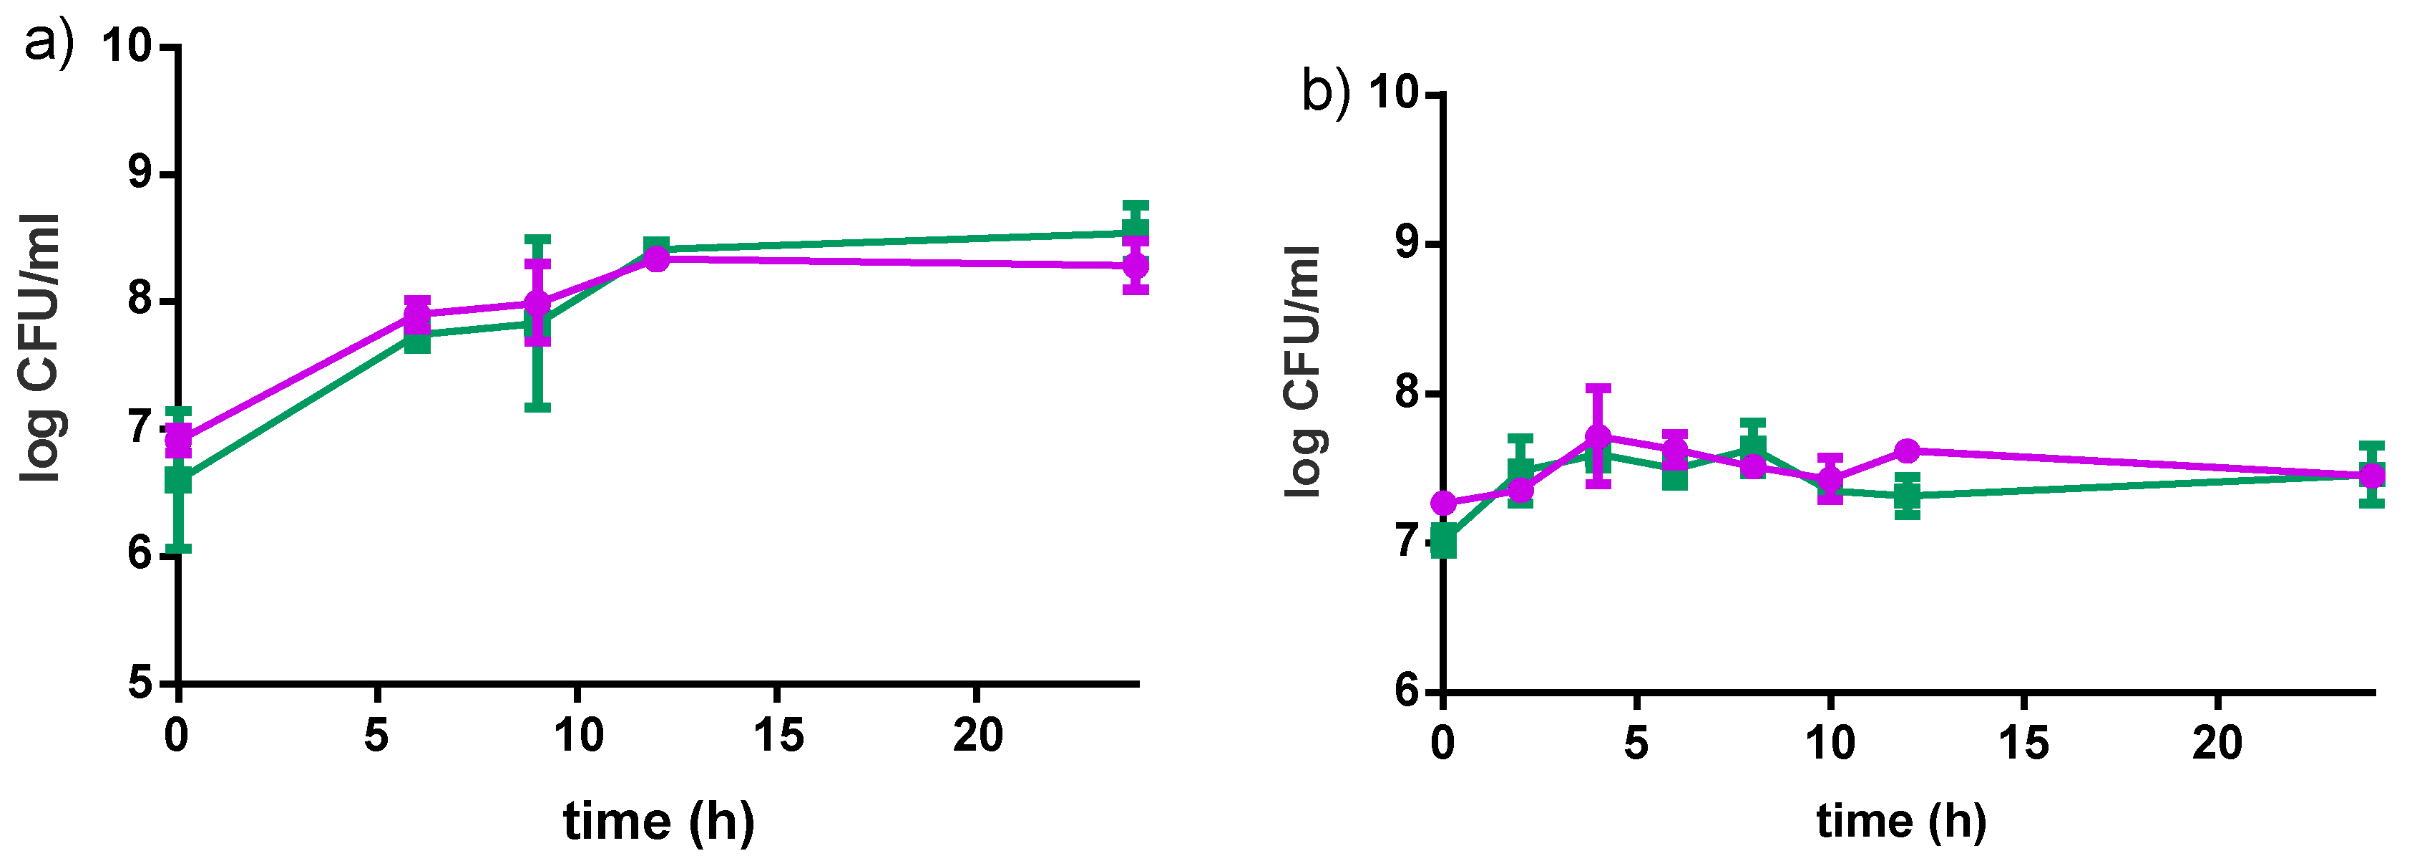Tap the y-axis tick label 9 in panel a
click(x=140, y=174)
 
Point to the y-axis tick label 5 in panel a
click(x=140, y=682)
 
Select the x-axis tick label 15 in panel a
click(x=778, y=736)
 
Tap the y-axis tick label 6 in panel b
click(x=1407, y=691)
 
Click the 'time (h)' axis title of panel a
click(x=658, y=822)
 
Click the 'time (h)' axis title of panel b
click(x=1900, y=822)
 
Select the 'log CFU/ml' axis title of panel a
click(x=41, y=347)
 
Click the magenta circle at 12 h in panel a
click(x=658, y=259)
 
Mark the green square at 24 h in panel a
click(x=1136, y=229)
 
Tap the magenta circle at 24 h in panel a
click(x=1136, y=265)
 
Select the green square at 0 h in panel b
click(x=1444, y=542)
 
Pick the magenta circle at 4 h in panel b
click(x=1598, y=437)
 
